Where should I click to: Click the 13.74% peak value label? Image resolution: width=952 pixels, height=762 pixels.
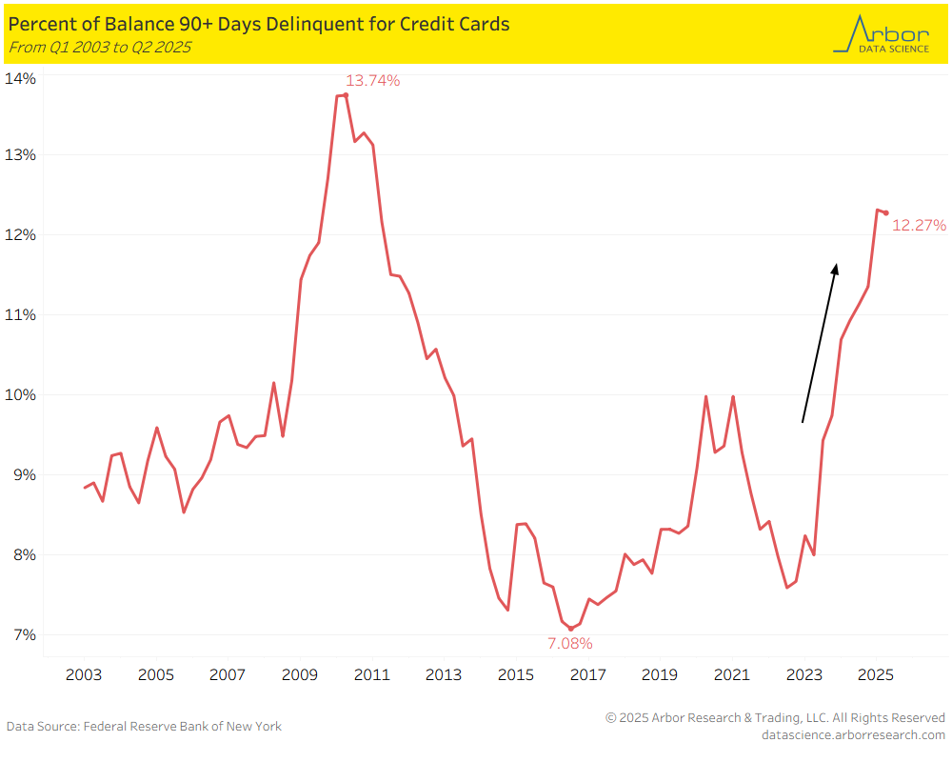tap(372, 81)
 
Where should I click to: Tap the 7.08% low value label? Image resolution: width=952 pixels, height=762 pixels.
tap(569, 644)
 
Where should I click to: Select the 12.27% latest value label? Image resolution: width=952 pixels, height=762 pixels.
tap(919, 226)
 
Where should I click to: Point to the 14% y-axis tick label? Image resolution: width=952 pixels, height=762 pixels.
tap(20, 79)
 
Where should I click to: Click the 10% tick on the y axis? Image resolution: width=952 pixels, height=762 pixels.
tap(20, 395)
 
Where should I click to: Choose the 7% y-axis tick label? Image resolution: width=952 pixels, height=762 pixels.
tap(23, 635)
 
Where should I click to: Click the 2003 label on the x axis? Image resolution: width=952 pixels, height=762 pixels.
tap(84, 675)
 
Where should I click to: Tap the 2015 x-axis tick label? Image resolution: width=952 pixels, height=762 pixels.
tap(515, 675)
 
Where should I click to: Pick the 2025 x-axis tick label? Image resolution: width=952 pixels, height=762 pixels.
tap(875, 675)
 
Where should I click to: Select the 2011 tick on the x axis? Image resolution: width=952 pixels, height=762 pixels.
tap(371, 675)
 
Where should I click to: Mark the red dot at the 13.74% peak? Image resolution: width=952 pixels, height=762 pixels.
tap(346, 95)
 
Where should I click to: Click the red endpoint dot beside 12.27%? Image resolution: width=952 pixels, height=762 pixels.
tap(885, 212)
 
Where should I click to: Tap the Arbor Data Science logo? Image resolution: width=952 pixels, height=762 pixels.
tap(881, 33)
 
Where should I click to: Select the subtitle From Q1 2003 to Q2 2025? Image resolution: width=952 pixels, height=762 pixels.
tap(99, 47)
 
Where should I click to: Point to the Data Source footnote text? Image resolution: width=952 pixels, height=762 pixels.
tap(144, 727)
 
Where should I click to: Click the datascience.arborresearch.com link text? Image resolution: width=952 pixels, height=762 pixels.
tap(854, 734)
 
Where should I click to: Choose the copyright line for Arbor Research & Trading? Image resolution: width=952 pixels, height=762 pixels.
tap(775, 717)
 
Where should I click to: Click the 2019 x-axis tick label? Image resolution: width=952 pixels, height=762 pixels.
tap(659, 675)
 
